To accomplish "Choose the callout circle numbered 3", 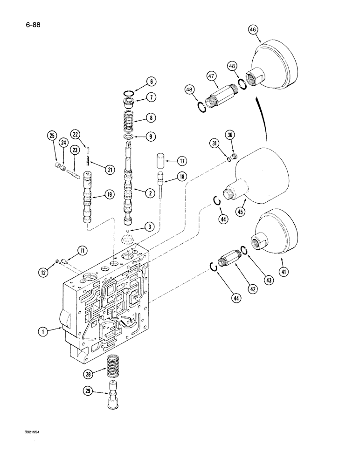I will pos(149,226).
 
